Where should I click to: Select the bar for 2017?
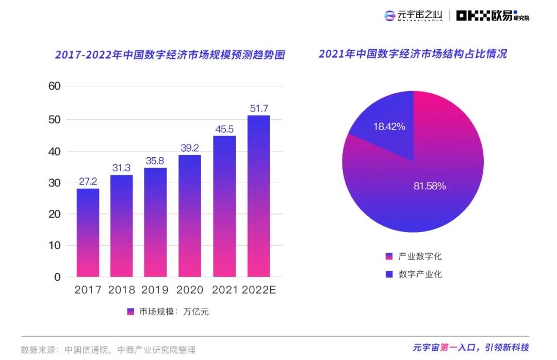click(88, 233)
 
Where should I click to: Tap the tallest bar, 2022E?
click(258, 196)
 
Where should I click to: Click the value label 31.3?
click(122, 168)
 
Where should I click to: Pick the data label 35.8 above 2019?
click(156, 161)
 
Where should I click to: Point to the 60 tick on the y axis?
click(54, 86)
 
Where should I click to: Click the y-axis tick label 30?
click(54, 183)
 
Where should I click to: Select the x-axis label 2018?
click(122, 290)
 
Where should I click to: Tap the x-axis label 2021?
click(224, 290)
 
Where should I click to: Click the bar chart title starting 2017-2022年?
click(170, 55)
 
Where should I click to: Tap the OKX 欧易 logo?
click(493, 16)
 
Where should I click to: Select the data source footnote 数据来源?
click(108, 350)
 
